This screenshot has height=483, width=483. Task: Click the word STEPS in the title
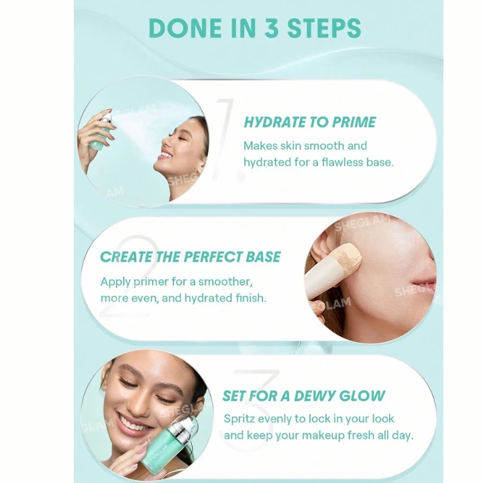tap(324, 28)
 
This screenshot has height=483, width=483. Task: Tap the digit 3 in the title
tap(271, 28)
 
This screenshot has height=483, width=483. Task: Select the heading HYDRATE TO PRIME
tap(309, 122)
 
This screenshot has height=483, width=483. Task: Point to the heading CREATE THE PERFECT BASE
tap(190, 257)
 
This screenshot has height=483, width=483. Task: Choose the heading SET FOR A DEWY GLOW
tap(304, 396)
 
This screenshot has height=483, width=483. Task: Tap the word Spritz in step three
tap(239, 419)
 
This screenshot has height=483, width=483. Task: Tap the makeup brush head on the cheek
tap(349, 256)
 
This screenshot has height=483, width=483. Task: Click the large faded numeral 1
tap(227, 140)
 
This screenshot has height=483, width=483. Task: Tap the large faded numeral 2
tap(129, 276)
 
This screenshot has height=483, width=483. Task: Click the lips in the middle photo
tap(425, 282)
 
